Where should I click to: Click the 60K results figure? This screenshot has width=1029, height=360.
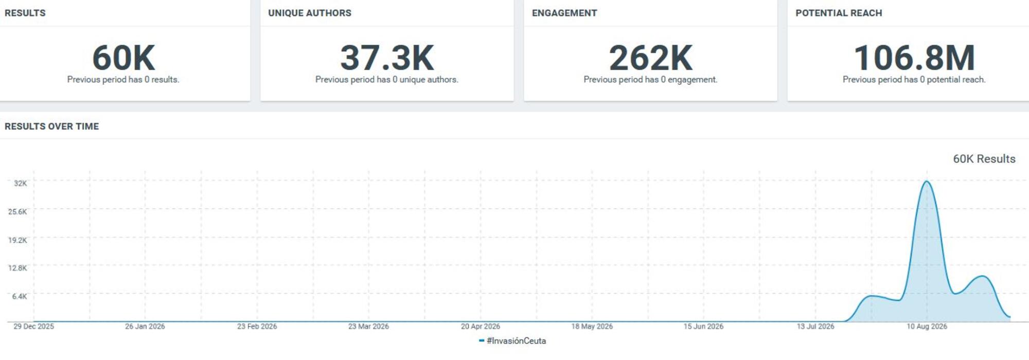click(123, 58)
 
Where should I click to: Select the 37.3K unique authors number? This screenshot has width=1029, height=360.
click(387, 58)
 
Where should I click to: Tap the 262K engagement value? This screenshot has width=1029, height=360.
click(650, 58)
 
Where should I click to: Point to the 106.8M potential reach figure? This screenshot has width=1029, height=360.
click(914, 58)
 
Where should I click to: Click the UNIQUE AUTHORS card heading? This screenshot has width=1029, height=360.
click(310, 13)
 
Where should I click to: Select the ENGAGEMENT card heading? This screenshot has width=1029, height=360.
click(564, 13)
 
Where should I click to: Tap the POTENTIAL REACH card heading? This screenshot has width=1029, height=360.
click(839, 13)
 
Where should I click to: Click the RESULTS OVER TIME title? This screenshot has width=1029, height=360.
click(51, 126)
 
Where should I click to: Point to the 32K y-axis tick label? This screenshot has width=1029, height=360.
click(21, 183)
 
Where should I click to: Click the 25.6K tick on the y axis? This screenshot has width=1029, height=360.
click(17, 211)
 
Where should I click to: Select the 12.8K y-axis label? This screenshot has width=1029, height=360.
click(17, 268)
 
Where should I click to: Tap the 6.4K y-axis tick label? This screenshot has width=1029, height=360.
click(20, 296)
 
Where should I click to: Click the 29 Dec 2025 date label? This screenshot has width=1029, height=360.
click(33, 327)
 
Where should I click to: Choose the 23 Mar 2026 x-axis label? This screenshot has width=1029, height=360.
click(368, 327)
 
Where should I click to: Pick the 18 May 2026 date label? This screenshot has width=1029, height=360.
click(592, 327)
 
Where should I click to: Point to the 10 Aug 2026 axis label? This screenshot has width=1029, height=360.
click(927, 327)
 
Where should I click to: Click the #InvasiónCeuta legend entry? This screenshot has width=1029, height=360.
click(512, 340)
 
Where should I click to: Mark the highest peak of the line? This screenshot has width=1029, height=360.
click(927, 181)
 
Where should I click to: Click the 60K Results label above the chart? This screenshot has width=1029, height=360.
click(984, 159)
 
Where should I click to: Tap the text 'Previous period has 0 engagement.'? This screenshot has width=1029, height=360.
click(650, 80)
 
